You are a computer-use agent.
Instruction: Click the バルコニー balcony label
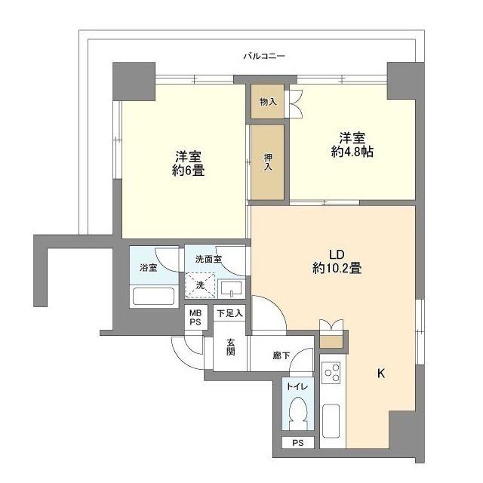pos(263,57)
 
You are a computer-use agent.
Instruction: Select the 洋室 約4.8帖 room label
pos(352,145)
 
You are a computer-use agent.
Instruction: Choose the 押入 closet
pos(268,162)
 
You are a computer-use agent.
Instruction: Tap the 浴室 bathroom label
pos(148,268)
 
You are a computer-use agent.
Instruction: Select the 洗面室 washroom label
pos(208,259)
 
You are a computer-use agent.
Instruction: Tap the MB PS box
pos(195,317)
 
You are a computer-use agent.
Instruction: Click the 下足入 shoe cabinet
pos(229,313)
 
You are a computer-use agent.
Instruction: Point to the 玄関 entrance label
pos(230,348)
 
